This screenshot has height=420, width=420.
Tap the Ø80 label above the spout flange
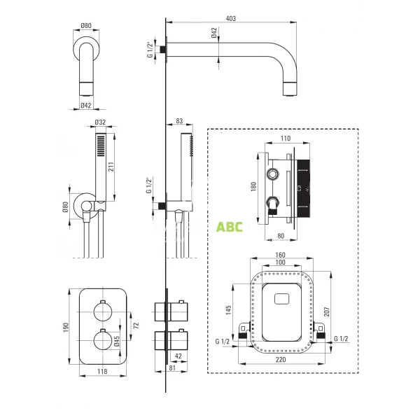tap(87, 26)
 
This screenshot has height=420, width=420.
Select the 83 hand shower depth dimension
tap(178, 120)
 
